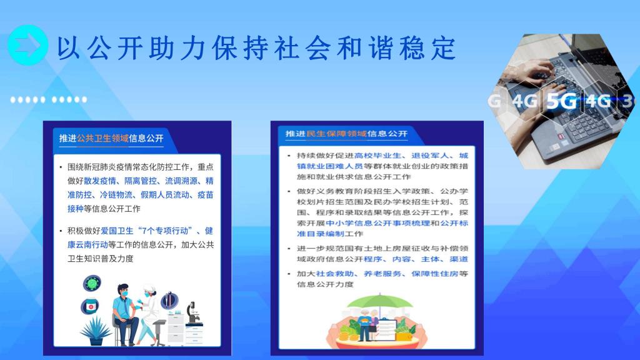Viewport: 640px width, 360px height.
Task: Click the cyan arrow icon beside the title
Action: [27, 45]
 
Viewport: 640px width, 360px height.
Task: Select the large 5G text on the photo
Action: [562, 101]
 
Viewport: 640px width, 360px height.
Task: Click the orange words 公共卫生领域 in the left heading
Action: [103, 138]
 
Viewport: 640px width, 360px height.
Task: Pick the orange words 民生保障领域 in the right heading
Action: [336, 134]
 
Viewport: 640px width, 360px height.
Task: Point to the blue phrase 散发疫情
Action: [100, 181]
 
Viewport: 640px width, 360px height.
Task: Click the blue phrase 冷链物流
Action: [116, 195]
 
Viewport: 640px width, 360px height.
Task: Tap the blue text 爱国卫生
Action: [117, 231]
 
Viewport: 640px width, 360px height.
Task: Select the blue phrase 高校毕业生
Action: [378, 156]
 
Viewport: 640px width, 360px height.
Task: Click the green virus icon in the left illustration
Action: [92, 283]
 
